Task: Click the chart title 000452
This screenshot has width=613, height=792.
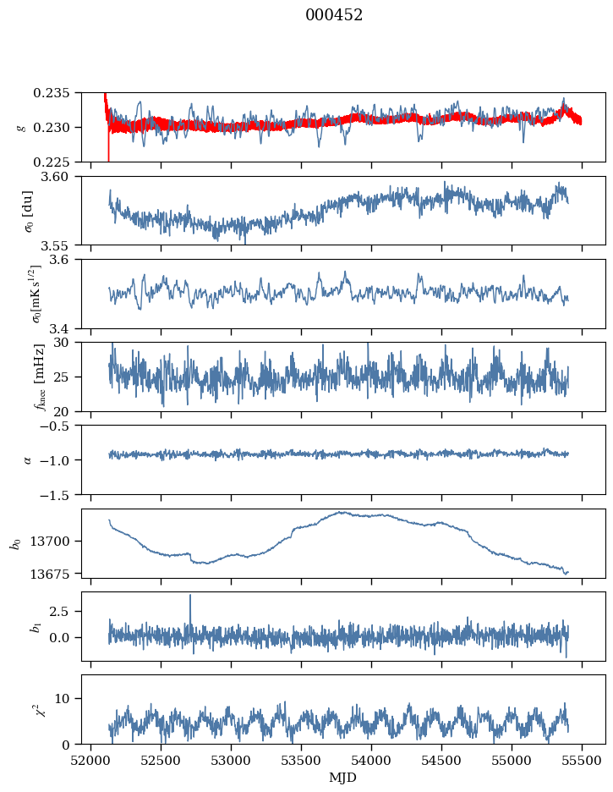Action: [x=334, y=15]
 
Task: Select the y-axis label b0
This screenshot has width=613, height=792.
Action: [x=15, y=542]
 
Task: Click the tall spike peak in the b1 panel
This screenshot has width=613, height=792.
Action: [x=190, y=595]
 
